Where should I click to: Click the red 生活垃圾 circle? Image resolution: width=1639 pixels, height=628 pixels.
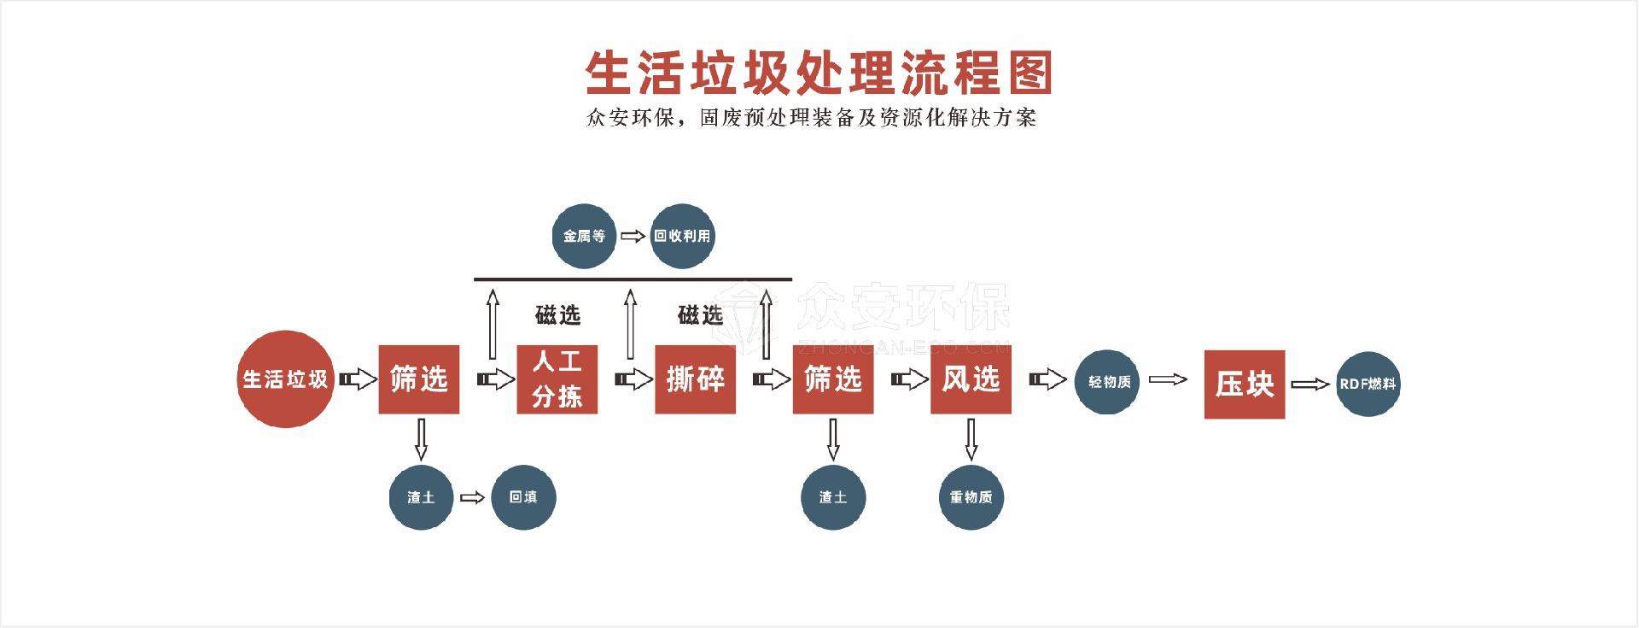click(x=285, y=379)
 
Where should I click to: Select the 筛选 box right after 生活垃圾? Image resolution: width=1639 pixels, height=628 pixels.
click(x=418, y=379)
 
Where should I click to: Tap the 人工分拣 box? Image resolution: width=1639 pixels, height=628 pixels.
click(x=557, y=379)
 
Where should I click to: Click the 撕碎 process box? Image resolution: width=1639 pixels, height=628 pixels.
click(x=695, y=379)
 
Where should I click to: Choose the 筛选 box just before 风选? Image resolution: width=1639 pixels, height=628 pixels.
click(x=832, y=379)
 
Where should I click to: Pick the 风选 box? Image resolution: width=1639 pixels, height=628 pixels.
click(x=971, y=379)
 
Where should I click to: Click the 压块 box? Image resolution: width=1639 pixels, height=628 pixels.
click(x=1244, y=384)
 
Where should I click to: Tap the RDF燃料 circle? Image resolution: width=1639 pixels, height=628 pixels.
click(x=1368, y=384)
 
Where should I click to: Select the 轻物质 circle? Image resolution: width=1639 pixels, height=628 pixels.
click(x=1107, y=382)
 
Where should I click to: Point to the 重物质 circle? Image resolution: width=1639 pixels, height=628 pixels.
click(x=971, y=497)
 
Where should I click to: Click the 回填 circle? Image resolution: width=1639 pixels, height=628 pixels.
click(x=523, y=497)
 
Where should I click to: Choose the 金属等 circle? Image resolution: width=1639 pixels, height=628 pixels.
click(x=584, y=236)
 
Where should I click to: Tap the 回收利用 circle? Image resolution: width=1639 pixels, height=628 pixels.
click(x=682, y=236)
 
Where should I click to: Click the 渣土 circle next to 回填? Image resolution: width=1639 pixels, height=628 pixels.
click(x=421, y=497)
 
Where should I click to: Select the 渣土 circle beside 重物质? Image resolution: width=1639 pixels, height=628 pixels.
click(x=832, y=497)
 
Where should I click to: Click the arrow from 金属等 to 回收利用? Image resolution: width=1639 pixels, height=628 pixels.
click(x=633, y=236)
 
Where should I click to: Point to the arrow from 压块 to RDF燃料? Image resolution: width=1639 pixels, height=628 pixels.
click(x=1309, y=384)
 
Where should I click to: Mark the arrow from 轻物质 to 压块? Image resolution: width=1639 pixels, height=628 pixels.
click(x=1168, y=379)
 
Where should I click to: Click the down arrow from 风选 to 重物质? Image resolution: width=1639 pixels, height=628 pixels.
click(x=971, y=439)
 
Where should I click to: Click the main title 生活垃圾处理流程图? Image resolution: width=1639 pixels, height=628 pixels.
click(x=818, y=73)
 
